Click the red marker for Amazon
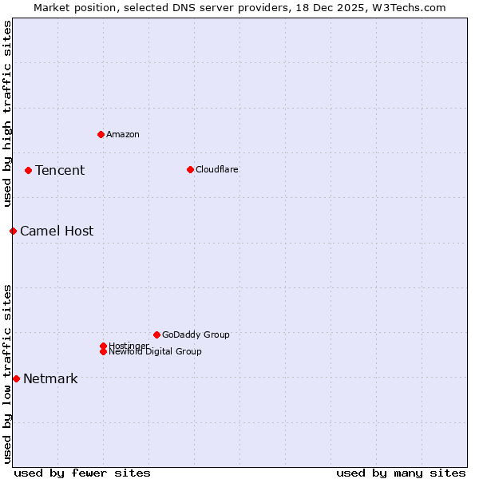[x=101, y=134]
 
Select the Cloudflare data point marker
[x=190, y=169]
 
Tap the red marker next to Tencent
[x=28, y=170]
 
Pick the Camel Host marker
[x=13, y=231]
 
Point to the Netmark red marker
[x=16, y=378]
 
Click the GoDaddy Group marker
[x=156, y=335]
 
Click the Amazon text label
[x=123, y=134]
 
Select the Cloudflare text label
[x=217, y=169]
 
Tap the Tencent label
[x=60, y=170]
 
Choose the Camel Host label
[x=57, y=231]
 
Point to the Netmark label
[x=50, y=378]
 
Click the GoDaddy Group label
[x=196, y=335]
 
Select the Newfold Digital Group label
[x=156, y=352]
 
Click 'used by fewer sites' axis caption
[x=82, y=473]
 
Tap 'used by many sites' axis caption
[x=401, y=473]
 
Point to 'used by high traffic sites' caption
[x=8, y=113]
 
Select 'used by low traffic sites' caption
[x=8, y=373]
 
